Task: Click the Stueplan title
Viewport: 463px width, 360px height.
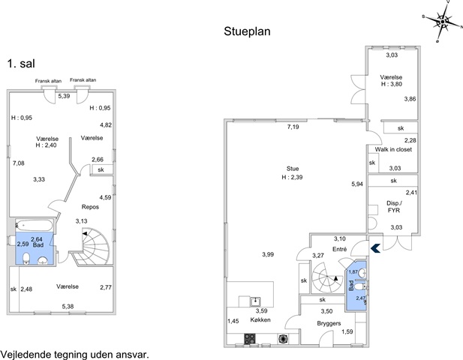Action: (x=247, y=31)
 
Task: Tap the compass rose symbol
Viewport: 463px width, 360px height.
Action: (x=442, y=22)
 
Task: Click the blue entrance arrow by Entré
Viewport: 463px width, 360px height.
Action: (x=375, y=248)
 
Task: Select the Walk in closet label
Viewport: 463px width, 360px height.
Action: (x=393, y=149)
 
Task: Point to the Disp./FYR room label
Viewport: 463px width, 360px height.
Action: (x=394, y=206)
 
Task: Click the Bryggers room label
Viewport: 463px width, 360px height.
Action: (x=329, y=323)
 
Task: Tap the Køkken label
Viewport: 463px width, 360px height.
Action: (x=260, y=319)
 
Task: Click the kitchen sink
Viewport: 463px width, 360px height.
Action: (x=255, y=301)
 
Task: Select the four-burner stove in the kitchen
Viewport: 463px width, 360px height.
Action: (x=250, y=339)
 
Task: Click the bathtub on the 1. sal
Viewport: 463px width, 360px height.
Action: (x=34, y=226)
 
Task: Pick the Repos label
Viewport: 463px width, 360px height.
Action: (x=90, y=207)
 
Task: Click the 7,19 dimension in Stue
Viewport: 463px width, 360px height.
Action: (x=293, y=127)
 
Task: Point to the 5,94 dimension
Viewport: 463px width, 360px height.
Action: (x=357, y=184)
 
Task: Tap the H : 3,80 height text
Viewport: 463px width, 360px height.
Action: (x=391, y=84)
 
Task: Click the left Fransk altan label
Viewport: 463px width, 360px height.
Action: (x=48, y=81)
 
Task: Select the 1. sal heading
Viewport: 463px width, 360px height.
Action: (x=21, y=64)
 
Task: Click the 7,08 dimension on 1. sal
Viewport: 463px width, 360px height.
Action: (x=19, y=163)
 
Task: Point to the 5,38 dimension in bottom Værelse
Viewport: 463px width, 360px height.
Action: (x=68, y=306)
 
